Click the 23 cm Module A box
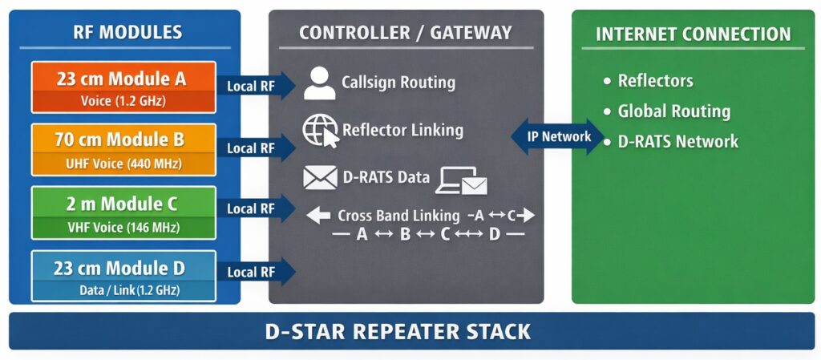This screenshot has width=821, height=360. click(123, 87)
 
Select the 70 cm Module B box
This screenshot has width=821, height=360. click(123, 149)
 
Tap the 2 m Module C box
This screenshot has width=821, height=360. click(123, 212)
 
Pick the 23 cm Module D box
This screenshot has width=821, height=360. click(123, 276)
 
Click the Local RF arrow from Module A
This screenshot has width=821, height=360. click(255, 86)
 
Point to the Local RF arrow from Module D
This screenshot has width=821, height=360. click(255, 272)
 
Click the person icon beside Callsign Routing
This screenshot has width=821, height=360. click(319, 83)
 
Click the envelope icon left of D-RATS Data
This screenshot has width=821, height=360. click(319, 177)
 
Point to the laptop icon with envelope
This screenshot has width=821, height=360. click(461, 181)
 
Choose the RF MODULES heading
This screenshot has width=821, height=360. click(127, 33)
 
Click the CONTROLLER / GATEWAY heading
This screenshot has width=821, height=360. click(405, 33)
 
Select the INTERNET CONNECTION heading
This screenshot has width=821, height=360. click(693, 34)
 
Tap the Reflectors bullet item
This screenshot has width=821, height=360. click(655, 80)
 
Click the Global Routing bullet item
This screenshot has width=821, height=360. click(673, 111)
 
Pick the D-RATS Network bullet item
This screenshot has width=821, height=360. click(677, 141)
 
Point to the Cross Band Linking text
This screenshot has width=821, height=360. click(398, 215)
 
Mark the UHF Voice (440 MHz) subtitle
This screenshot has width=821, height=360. click(123, 164)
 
